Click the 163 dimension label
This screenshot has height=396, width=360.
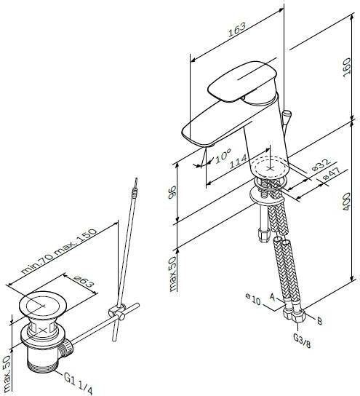[x=237, y=30]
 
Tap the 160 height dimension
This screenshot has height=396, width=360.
[x=347, y=66]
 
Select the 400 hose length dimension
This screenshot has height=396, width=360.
[x=347, y=202]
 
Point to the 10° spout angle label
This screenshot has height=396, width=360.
[x=223, y=155]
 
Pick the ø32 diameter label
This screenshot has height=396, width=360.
[x=321, y=165]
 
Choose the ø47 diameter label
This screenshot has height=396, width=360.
[x=332, y=173]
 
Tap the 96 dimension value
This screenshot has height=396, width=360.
[x=172, y=192]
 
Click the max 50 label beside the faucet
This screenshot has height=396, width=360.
[x=172, y=274]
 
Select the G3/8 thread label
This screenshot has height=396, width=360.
[x=303, y=340]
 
